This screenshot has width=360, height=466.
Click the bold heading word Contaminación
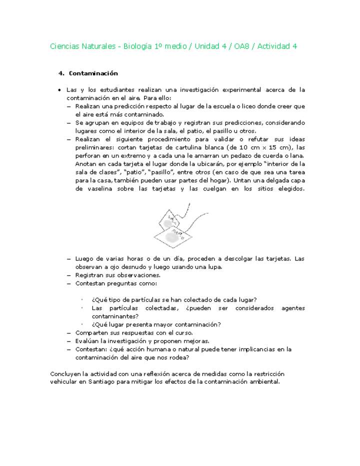[x=93, y=73]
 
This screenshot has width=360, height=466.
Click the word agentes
[x=292, y=308]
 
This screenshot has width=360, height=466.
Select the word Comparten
[x=92, y=332]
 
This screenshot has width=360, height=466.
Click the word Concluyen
[x=66, y=373]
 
